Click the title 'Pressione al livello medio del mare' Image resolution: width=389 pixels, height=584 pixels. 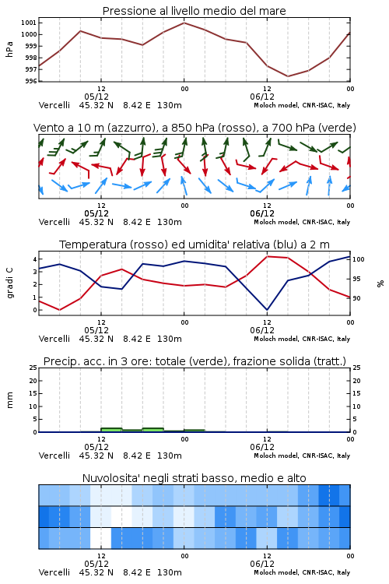(x=194, y=11)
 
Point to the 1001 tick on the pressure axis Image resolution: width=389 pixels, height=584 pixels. (x=30, y=23)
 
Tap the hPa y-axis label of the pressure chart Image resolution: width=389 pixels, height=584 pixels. (x=9, y=49)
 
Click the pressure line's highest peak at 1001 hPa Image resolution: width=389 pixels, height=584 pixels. (x=184, y=23)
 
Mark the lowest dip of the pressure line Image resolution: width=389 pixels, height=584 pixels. (x=287, y=76)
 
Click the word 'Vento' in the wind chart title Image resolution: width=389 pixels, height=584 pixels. (x=47, y=128)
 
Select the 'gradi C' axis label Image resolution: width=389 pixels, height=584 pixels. (x=10, y=283)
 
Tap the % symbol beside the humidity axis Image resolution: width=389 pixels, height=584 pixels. (x=380, y=283)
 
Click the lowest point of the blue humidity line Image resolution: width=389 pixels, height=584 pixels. (x=267, y=310)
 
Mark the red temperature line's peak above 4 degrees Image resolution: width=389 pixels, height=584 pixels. (x=268, y=256)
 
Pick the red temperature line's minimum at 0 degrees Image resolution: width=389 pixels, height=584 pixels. (x=60, y=310)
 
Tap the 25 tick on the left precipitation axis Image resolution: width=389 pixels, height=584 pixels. (x=33, y=368)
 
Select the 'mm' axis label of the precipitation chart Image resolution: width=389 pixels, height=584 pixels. (x=10, y=400)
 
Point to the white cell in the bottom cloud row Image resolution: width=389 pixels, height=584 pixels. (x=100, y=538)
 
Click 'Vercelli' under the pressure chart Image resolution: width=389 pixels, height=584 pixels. (x=54, y=105)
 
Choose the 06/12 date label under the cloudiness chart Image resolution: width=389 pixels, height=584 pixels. (x=262, y=564)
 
